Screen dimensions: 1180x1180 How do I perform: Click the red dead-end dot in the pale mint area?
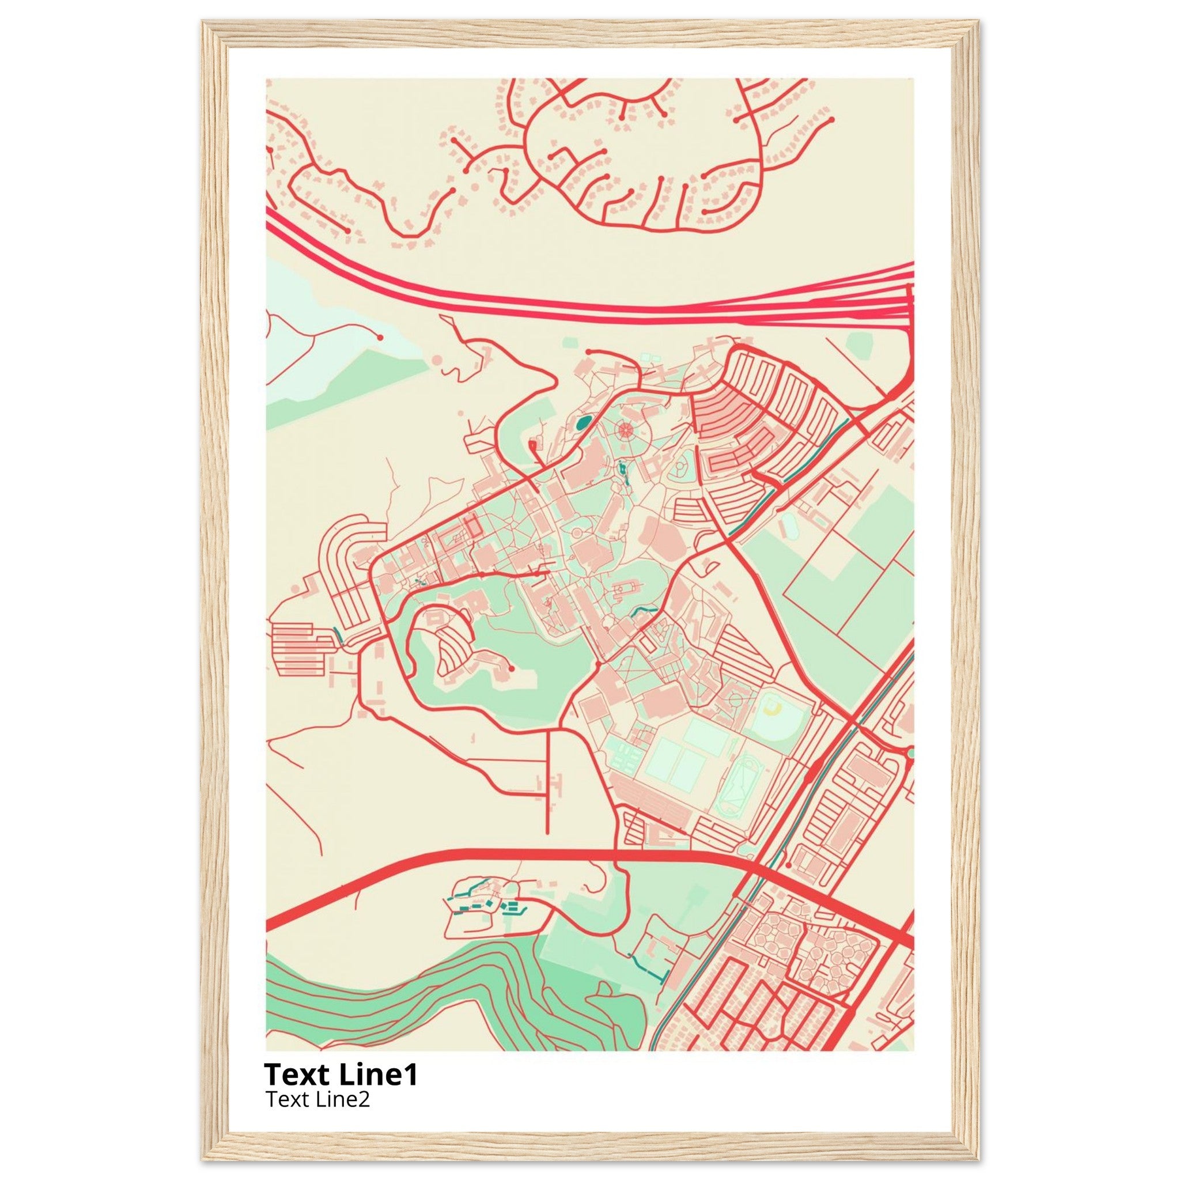(380, 336)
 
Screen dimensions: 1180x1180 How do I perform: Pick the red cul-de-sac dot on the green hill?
(511, 670)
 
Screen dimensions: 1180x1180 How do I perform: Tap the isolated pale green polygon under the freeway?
(858, 346)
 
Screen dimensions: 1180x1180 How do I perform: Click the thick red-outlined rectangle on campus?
(470, 528)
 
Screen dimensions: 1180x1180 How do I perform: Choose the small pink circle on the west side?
(296, 589)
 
